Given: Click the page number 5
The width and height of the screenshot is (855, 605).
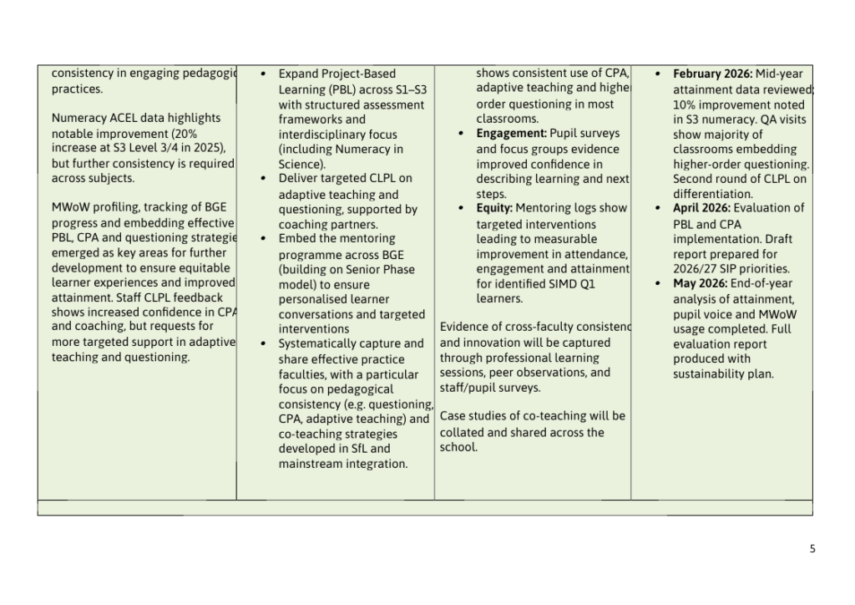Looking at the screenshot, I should coord(812,549).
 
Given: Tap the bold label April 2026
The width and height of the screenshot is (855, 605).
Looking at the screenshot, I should coord(703,208).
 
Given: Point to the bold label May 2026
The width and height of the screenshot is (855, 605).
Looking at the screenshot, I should coord(700,283).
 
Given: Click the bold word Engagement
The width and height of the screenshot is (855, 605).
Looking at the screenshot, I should coord(511,134).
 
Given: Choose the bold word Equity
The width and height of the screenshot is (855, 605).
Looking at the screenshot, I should coord(493,208).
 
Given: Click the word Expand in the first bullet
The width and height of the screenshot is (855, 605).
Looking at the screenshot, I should coord(298,74).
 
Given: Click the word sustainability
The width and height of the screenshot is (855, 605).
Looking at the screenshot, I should coord(711,374).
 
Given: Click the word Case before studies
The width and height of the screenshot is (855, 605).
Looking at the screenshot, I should coord(453,416).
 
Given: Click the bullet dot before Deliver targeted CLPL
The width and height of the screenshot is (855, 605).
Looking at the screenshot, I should coord(264,179).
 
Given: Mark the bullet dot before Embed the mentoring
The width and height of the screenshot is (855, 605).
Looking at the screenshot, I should coord(264,239).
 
